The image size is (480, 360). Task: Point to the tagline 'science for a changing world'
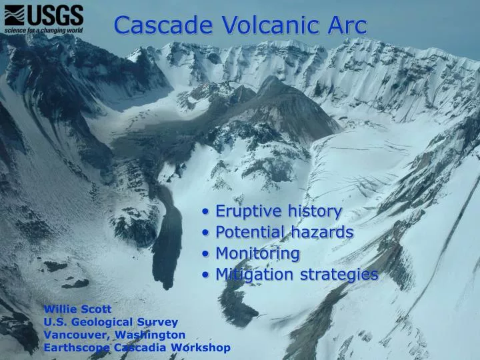click(43, 30)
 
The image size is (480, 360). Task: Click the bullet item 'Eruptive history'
click(278, 211)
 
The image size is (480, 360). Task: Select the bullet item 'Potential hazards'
click(284, 232)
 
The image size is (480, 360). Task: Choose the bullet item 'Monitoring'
click(257, 253)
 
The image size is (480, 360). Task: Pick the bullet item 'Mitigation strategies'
click(297, 274)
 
